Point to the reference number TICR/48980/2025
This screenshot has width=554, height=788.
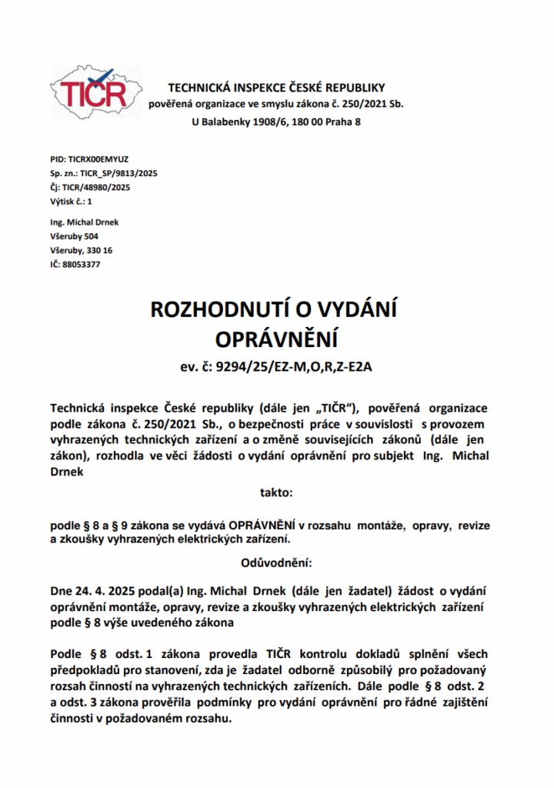tap(95, 187)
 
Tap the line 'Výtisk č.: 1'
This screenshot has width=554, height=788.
tap(72, 201)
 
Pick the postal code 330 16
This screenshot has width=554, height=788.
tap(100, 250)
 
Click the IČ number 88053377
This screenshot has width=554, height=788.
tap(81, 264)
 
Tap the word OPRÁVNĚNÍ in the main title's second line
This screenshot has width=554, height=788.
tap(276, 339)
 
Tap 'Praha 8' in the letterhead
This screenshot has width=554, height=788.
tap(342, 122)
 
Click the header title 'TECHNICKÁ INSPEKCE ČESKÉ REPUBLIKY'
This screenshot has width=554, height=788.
tap(276, 88)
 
